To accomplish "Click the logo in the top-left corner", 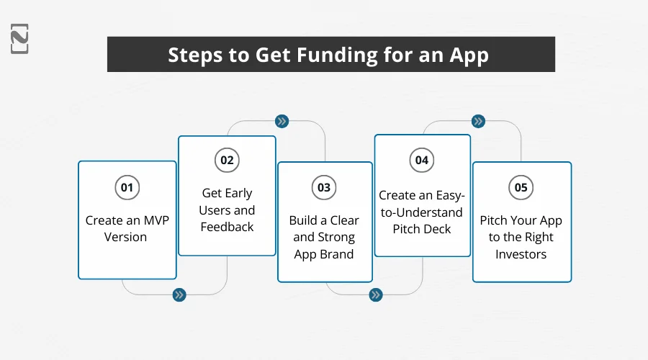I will coord(20,38).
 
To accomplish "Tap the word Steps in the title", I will coord(194,55).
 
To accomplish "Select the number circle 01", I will coord(127,187).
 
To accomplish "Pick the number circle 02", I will coord(227,160).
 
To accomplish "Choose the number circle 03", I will coord(324,187).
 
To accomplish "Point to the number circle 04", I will coord(422,160).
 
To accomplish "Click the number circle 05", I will coord(521,187).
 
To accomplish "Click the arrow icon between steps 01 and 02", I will coord(179,294).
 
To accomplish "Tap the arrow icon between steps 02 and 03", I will coord(282,121).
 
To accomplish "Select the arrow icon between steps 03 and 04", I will coord(375,294).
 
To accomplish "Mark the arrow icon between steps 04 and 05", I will coord(477,121).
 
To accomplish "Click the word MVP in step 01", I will coord(154,220).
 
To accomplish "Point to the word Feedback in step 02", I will coord(227,227).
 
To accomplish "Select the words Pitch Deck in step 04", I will coord(422,229).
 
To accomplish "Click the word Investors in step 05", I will coord(521,254).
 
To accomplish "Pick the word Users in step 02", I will coord(215,210).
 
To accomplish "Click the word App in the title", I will coord(471,55).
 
